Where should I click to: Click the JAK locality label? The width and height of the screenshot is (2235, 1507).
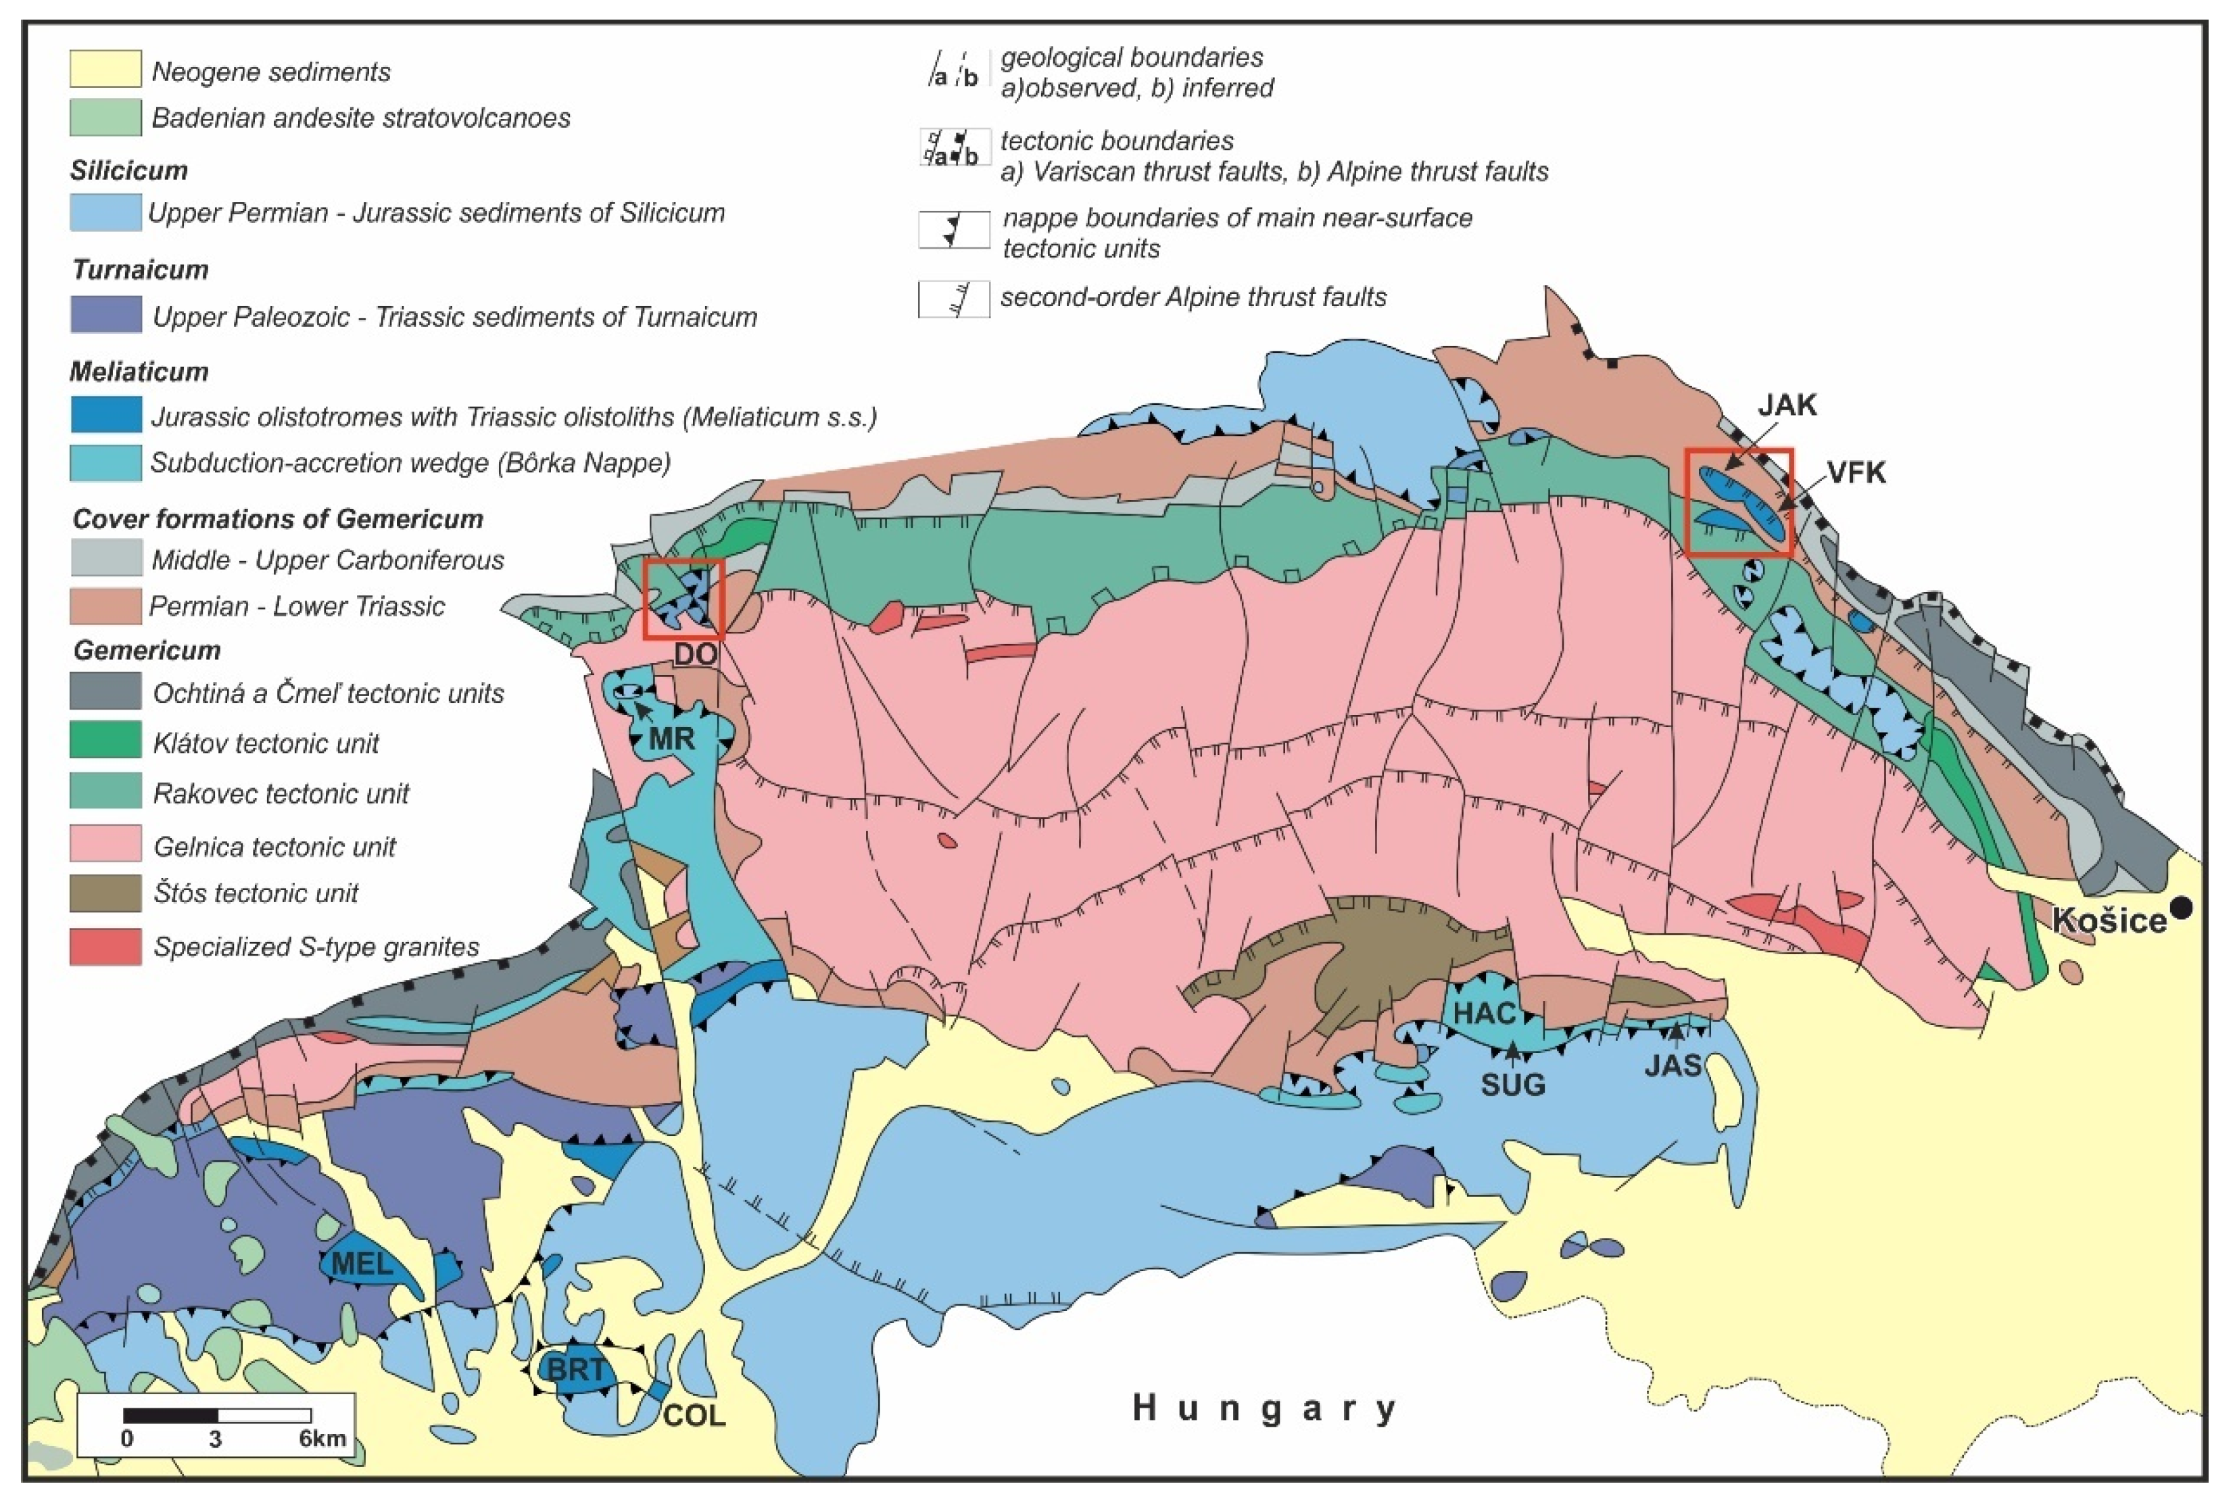click(1787, 405)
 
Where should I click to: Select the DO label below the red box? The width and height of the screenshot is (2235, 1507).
click(695, 655)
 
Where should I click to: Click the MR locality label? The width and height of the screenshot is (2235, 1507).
click(671, 738)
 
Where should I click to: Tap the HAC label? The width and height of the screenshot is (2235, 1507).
click(1484, 1013)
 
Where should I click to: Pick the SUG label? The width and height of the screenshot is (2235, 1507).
click(1513, 1084)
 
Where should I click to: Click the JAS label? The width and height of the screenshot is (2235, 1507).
click(1673, 1065)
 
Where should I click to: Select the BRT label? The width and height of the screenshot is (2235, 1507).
click(577, 1368)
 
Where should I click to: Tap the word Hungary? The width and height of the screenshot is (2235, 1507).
click(1264, 1408)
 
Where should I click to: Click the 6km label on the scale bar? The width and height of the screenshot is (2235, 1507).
click(322, 1439)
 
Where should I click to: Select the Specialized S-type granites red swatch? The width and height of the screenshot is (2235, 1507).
click(105, 947)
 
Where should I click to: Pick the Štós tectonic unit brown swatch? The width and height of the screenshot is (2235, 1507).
click(105, 893)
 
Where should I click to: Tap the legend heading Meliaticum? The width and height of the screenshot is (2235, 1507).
click(139, 371)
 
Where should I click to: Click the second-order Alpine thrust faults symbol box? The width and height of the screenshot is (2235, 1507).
click(954, 299)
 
